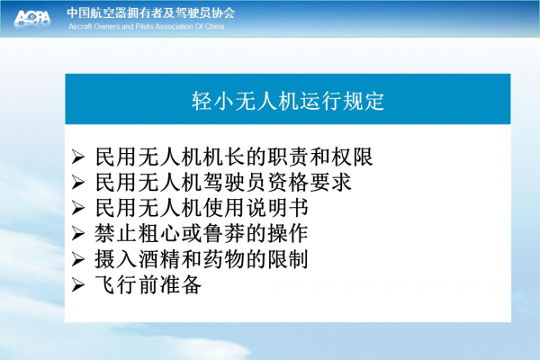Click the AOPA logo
click(32, 18)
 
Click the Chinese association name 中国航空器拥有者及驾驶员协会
click(151, 13)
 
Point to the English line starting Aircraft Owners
click(146, 26)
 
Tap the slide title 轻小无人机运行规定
click(288, 101)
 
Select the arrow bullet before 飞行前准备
click(78, 285)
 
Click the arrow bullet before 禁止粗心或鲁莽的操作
click(78, 234)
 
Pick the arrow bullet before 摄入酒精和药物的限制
click(78, 259)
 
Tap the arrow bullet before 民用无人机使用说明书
click(78, 208)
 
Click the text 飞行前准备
click(148, 285)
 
